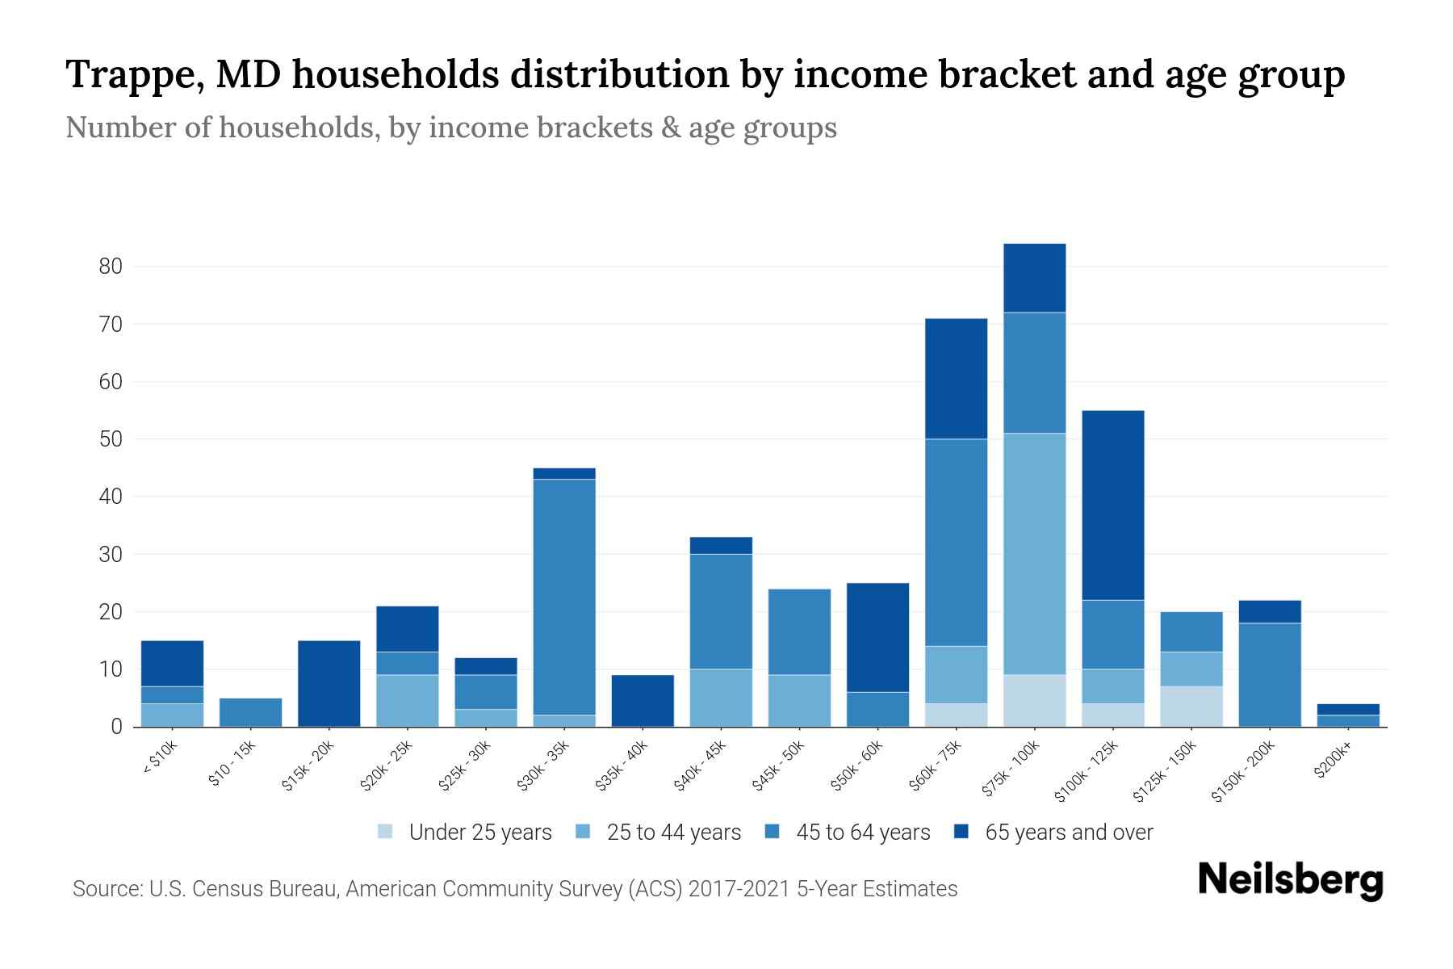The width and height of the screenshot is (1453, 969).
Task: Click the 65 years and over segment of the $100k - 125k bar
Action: coord(1113,505)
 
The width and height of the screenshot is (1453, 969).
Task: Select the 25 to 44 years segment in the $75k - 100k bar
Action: coord(1035,553)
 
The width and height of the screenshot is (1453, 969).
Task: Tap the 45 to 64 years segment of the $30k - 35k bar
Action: coord(564,597)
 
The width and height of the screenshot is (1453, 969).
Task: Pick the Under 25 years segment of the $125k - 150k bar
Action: coord(1191,707)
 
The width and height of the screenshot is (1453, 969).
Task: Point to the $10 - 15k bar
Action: coord(250,712)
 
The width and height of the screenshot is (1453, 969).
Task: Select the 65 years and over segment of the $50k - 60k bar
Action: coord(877,637)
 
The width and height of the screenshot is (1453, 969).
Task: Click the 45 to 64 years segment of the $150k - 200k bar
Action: coord(1270,674)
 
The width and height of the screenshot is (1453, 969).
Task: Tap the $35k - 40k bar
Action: coord(643,700)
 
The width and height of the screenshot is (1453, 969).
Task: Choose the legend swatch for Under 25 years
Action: coord(385,831)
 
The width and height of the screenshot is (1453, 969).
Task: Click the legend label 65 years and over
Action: coord(1069,833)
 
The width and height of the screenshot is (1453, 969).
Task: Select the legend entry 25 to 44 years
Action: coord(673,833)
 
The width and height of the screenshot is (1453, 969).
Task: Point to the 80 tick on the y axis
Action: coord(111,266)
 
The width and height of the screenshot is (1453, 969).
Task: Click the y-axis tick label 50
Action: coord(111,439)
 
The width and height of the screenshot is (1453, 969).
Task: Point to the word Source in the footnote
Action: coord(105,889)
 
